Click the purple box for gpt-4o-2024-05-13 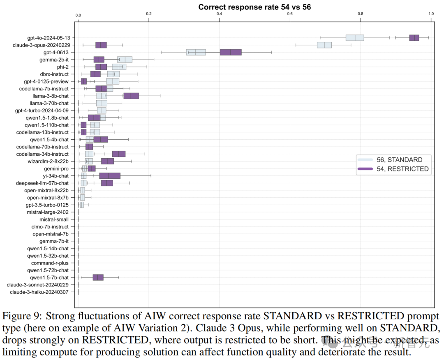(x=414, y=38)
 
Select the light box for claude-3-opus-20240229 (x=324, y=45)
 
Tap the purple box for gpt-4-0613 (x=231, y=52)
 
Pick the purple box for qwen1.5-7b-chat (x=98, y=277)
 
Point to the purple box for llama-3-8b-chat (x=131, y=96)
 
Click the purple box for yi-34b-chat (x=110, y=176)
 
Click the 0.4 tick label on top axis (x=219, y=14)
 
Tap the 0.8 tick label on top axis (x=361, y=14)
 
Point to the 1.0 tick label (x=431, y=14)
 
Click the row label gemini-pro (x=56, y=168)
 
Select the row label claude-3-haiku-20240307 (x=39, y=292)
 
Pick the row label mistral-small (x=54, y=219)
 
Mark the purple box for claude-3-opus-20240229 (x=101, y=45)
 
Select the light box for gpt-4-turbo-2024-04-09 (x=102, y=110)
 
